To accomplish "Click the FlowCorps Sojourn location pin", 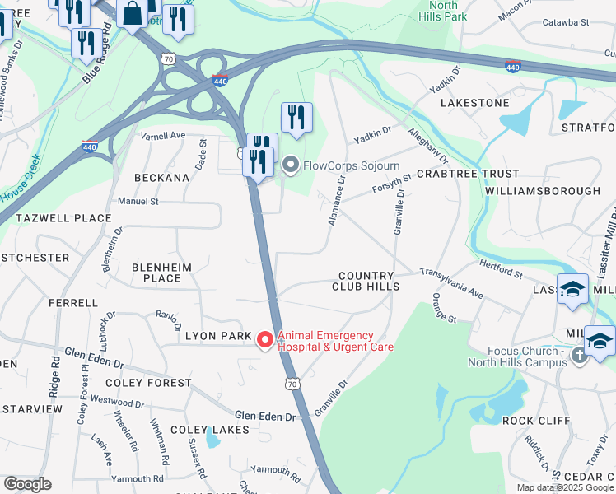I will coord(290,165).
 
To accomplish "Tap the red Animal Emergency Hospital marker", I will coord(264,339).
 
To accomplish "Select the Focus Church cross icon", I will coord(579,355).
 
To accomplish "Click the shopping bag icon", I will coord(132,13).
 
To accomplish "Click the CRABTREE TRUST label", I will coord(468,174).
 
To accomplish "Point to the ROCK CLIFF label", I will coord(536,420).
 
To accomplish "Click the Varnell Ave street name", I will coord(163,135).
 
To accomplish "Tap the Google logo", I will coord(27,484).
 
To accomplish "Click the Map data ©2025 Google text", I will coord(565,487).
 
